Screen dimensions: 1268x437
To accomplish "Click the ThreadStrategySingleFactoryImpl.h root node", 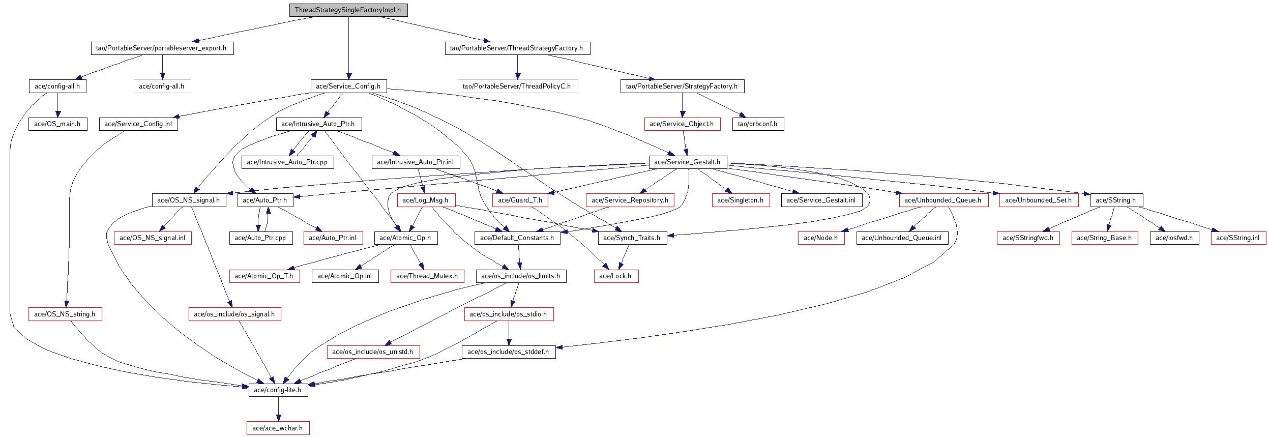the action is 348,10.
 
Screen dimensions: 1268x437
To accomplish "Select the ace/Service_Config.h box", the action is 348,86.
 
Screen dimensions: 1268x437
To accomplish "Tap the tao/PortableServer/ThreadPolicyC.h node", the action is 517,86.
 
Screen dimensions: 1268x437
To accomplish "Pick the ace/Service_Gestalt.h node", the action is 688,162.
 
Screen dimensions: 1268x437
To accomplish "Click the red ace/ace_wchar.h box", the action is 278,428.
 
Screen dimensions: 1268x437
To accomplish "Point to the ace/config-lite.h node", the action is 278,390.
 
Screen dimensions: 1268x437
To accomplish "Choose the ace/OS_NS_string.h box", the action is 65,314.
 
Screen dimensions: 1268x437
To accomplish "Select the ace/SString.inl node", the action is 1238,238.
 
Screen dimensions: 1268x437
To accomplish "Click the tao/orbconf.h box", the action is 758,124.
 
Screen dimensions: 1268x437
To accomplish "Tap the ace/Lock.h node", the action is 616,276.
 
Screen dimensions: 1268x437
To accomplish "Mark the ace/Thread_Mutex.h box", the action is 427,276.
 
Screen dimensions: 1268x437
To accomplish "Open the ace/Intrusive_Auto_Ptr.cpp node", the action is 287,162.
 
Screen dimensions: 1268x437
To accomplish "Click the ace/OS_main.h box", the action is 58,124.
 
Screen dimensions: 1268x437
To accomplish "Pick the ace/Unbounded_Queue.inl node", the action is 902,238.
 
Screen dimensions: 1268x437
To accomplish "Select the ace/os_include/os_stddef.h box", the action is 509,352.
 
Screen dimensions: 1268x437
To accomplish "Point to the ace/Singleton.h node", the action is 741,200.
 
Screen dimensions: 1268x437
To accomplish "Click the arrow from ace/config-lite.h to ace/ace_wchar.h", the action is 278,410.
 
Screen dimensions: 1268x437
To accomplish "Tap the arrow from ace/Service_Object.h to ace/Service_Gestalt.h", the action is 685,143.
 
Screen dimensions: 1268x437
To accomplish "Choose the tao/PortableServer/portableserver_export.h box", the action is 162,48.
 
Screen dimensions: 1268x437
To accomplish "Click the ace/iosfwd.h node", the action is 1174,238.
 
